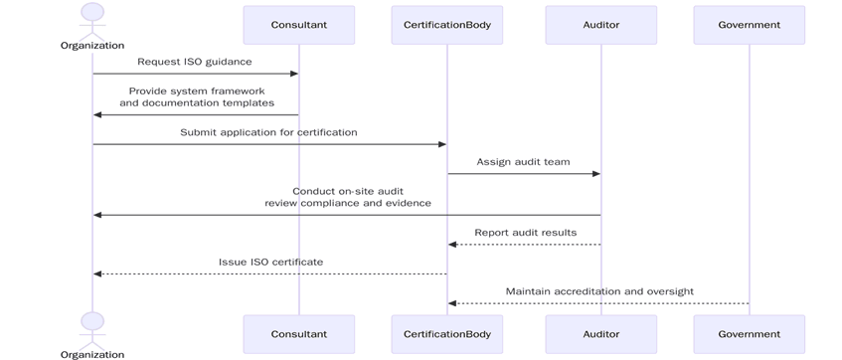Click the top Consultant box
coord(298,25)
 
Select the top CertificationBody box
coord(446,25)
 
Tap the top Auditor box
coord(600,25)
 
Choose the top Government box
coord(749,25)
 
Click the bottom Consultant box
coord(298,334)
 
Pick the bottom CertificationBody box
coord(446,334)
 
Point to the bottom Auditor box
coord(600,334)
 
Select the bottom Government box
coord(749,334)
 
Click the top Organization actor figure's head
coord(92,12)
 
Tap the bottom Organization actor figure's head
coord(92,321)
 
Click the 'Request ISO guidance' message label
coord(195,62)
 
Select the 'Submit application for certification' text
coord(268,132)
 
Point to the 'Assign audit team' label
coord(523,162)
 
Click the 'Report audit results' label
coord(525,233)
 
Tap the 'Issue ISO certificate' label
coord(270,263)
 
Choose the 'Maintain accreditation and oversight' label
coord(599,292)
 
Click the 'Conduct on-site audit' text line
coord(348,191)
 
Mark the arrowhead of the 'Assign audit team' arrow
coord(595,174)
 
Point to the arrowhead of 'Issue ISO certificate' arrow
coord(97,273)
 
